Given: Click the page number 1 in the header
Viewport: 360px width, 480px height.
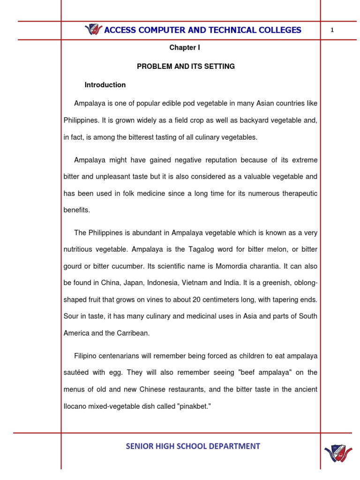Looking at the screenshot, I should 332,30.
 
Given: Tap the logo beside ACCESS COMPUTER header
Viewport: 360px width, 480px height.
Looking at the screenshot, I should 93,30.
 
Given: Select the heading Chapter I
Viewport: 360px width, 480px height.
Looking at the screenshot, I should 185,48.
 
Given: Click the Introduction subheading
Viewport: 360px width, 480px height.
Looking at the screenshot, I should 105,85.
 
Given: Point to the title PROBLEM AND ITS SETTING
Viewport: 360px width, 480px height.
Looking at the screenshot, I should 186,67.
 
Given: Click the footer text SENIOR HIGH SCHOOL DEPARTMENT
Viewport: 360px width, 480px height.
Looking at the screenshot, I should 193,446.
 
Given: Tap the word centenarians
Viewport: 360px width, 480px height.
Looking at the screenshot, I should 119,356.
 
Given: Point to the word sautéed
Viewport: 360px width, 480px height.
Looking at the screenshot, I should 78,373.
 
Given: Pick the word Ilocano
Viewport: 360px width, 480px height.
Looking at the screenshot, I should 76,406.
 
